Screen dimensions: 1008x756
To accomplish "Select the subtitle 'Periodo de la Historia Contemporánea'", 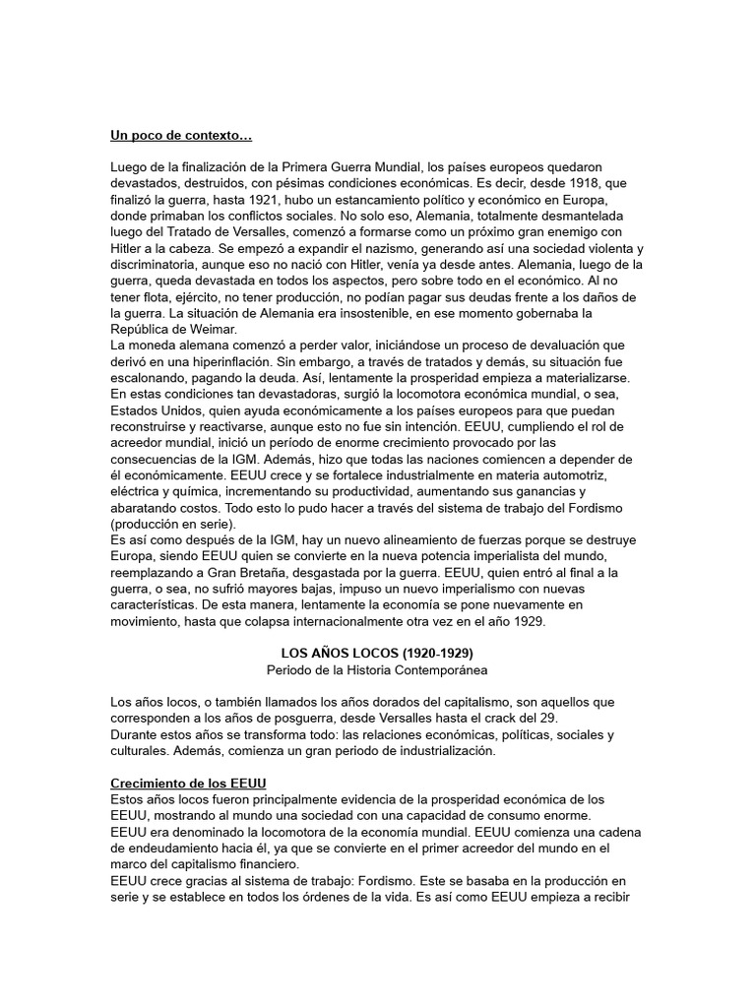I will (x=377, y=668).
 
